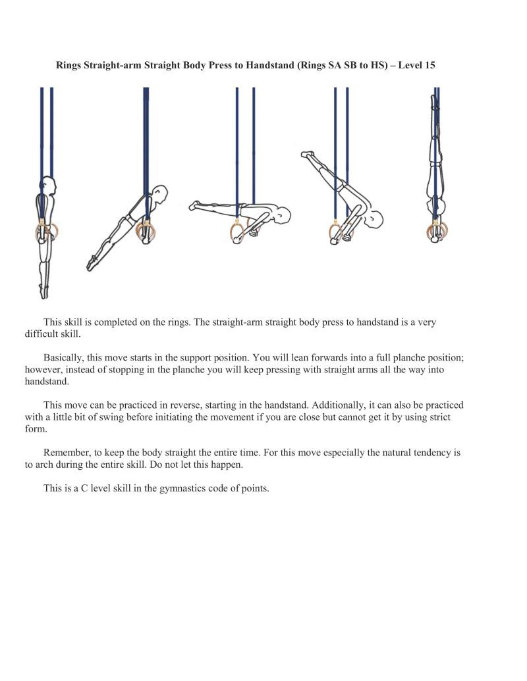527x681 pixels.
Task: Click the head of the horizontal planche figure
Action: pos(282,214)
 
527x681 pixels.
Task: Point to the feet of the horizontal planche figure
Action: pos(194,206)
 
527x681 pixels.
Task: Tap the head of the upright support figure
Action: pos(47,185)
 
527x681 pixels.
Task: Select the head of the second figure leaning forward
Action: pos(158,194)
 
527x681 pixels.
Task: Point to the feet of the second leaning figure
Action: pos(91,265)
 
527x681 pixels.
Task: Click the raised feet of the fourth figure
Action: pos(307,155)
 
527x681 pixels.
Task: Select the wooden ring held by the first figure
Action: pos(45,232)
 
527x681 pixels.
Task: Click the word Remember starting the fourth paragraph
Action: pos(67,453)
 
